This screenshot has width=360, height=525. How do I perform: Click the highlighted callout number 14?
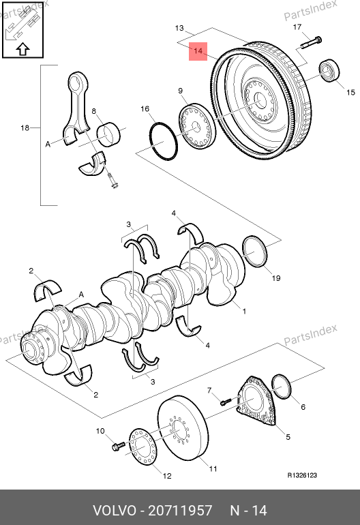[198, 51]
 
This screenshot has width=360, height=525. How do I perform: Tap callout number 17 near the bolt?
[297, 27]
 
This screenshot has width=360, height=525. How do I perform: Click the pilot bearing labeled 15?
[329, 70]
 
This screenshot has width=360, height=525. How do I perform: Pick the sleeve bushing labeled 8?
[109, 134]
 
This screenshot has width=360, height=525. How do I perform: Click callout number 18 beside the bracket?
[25, 127]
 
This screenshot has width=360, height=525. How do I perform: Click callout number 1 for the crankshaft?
[245, 311]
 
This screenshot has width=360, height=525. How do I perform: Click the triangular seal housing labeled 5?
[256, 401]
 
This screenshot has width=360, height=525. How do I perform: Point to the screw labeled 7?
[226, 402]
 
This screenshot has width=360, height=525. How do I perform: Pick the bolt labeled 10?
[118, 446]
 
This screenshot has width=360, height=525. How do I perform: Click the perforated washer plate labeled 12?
[143, 447]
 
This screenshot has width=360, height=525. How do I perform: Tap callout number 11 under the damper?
[213, 469]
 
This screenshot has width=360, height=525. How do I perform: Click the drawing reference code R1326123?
[302, 475]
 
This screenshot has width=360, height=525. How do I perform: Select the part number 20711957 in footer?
[180, 511]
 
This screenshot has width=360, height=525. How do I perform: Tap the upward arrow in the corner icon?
[22, 49]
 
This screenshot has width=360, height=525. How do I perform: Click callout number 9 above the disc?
[180, 91]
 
